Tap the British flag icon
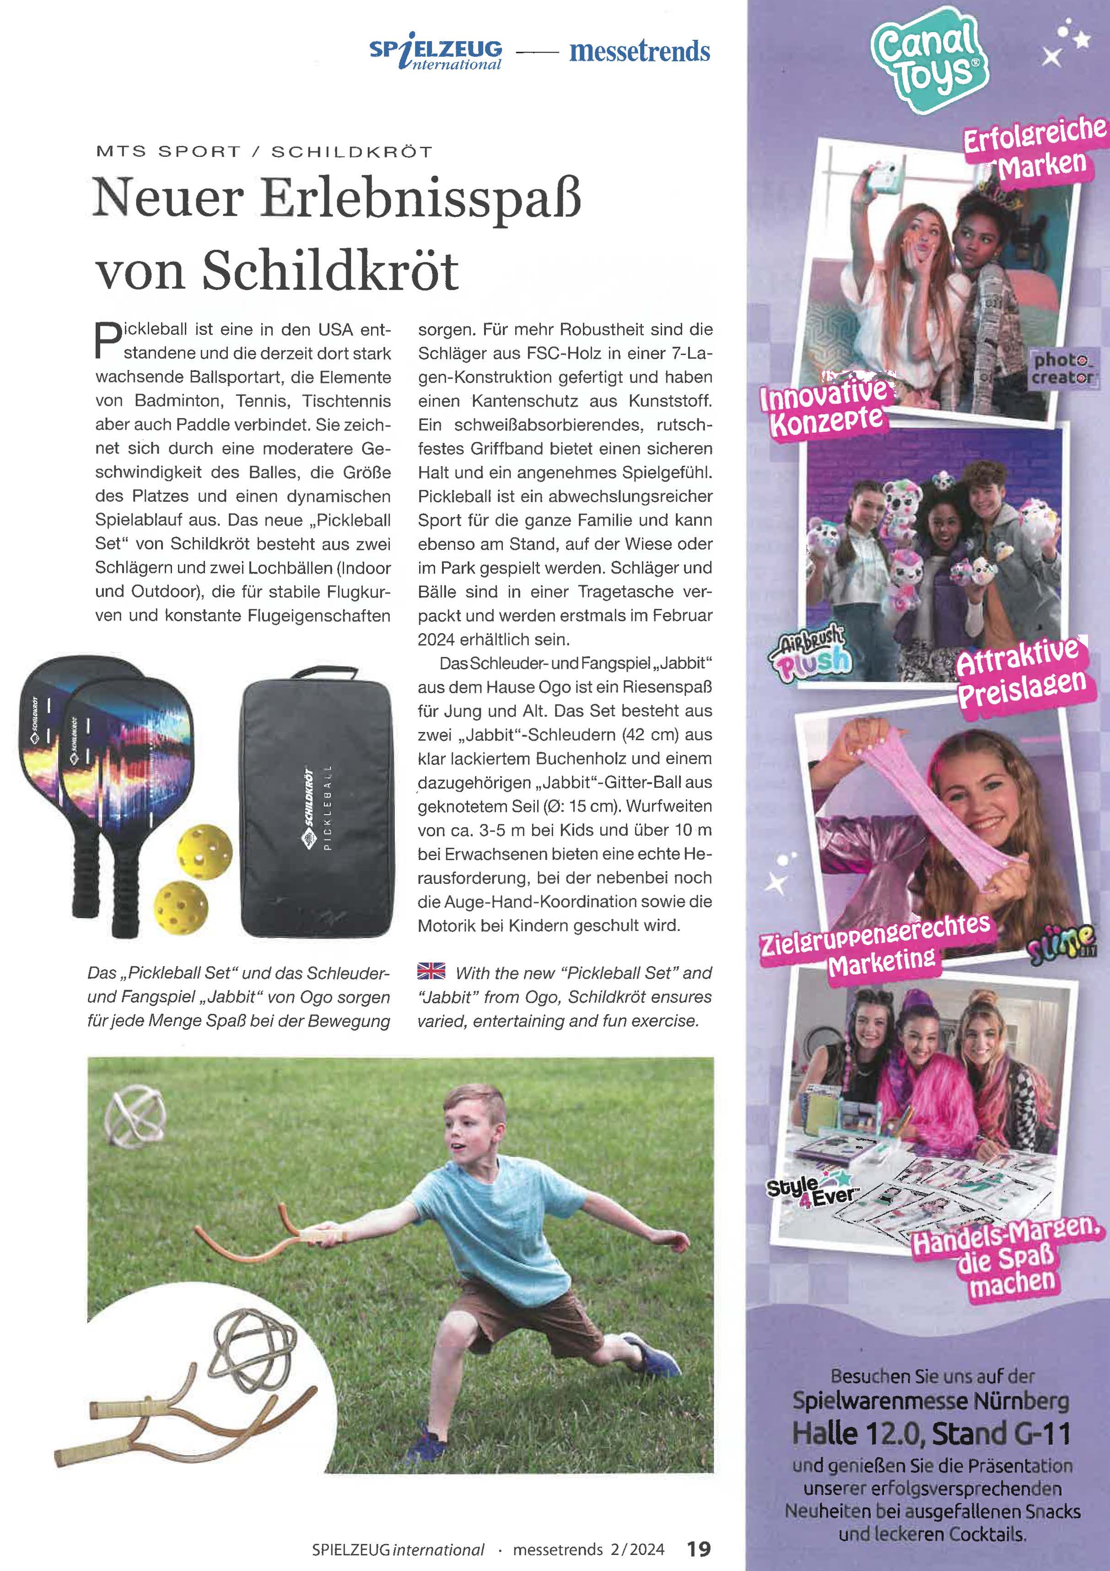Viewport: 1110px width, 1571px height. (431, 971)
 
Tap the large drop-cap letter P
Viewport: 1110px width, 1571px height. (108, 340)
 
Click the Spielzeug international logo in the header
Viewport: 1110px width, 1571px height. (436, 54)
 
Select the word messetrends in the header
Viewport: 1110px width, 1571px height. (639, 51)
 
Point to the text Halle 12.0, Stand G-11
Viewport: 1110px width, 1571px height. (931, 1432)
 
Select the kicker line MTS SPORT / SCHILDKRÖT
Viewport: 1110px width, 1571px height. (264, 151)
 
